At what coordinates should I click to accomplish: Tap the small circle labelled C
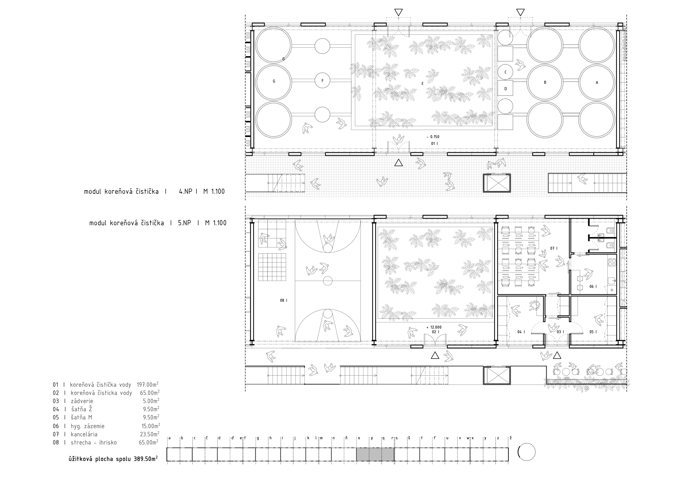click(x=506, y=72)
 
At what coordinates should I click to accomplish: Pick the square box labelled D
click(x=506, y=89)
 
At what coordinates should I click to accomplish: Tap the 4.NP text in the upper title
click(x=185, y=192)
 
